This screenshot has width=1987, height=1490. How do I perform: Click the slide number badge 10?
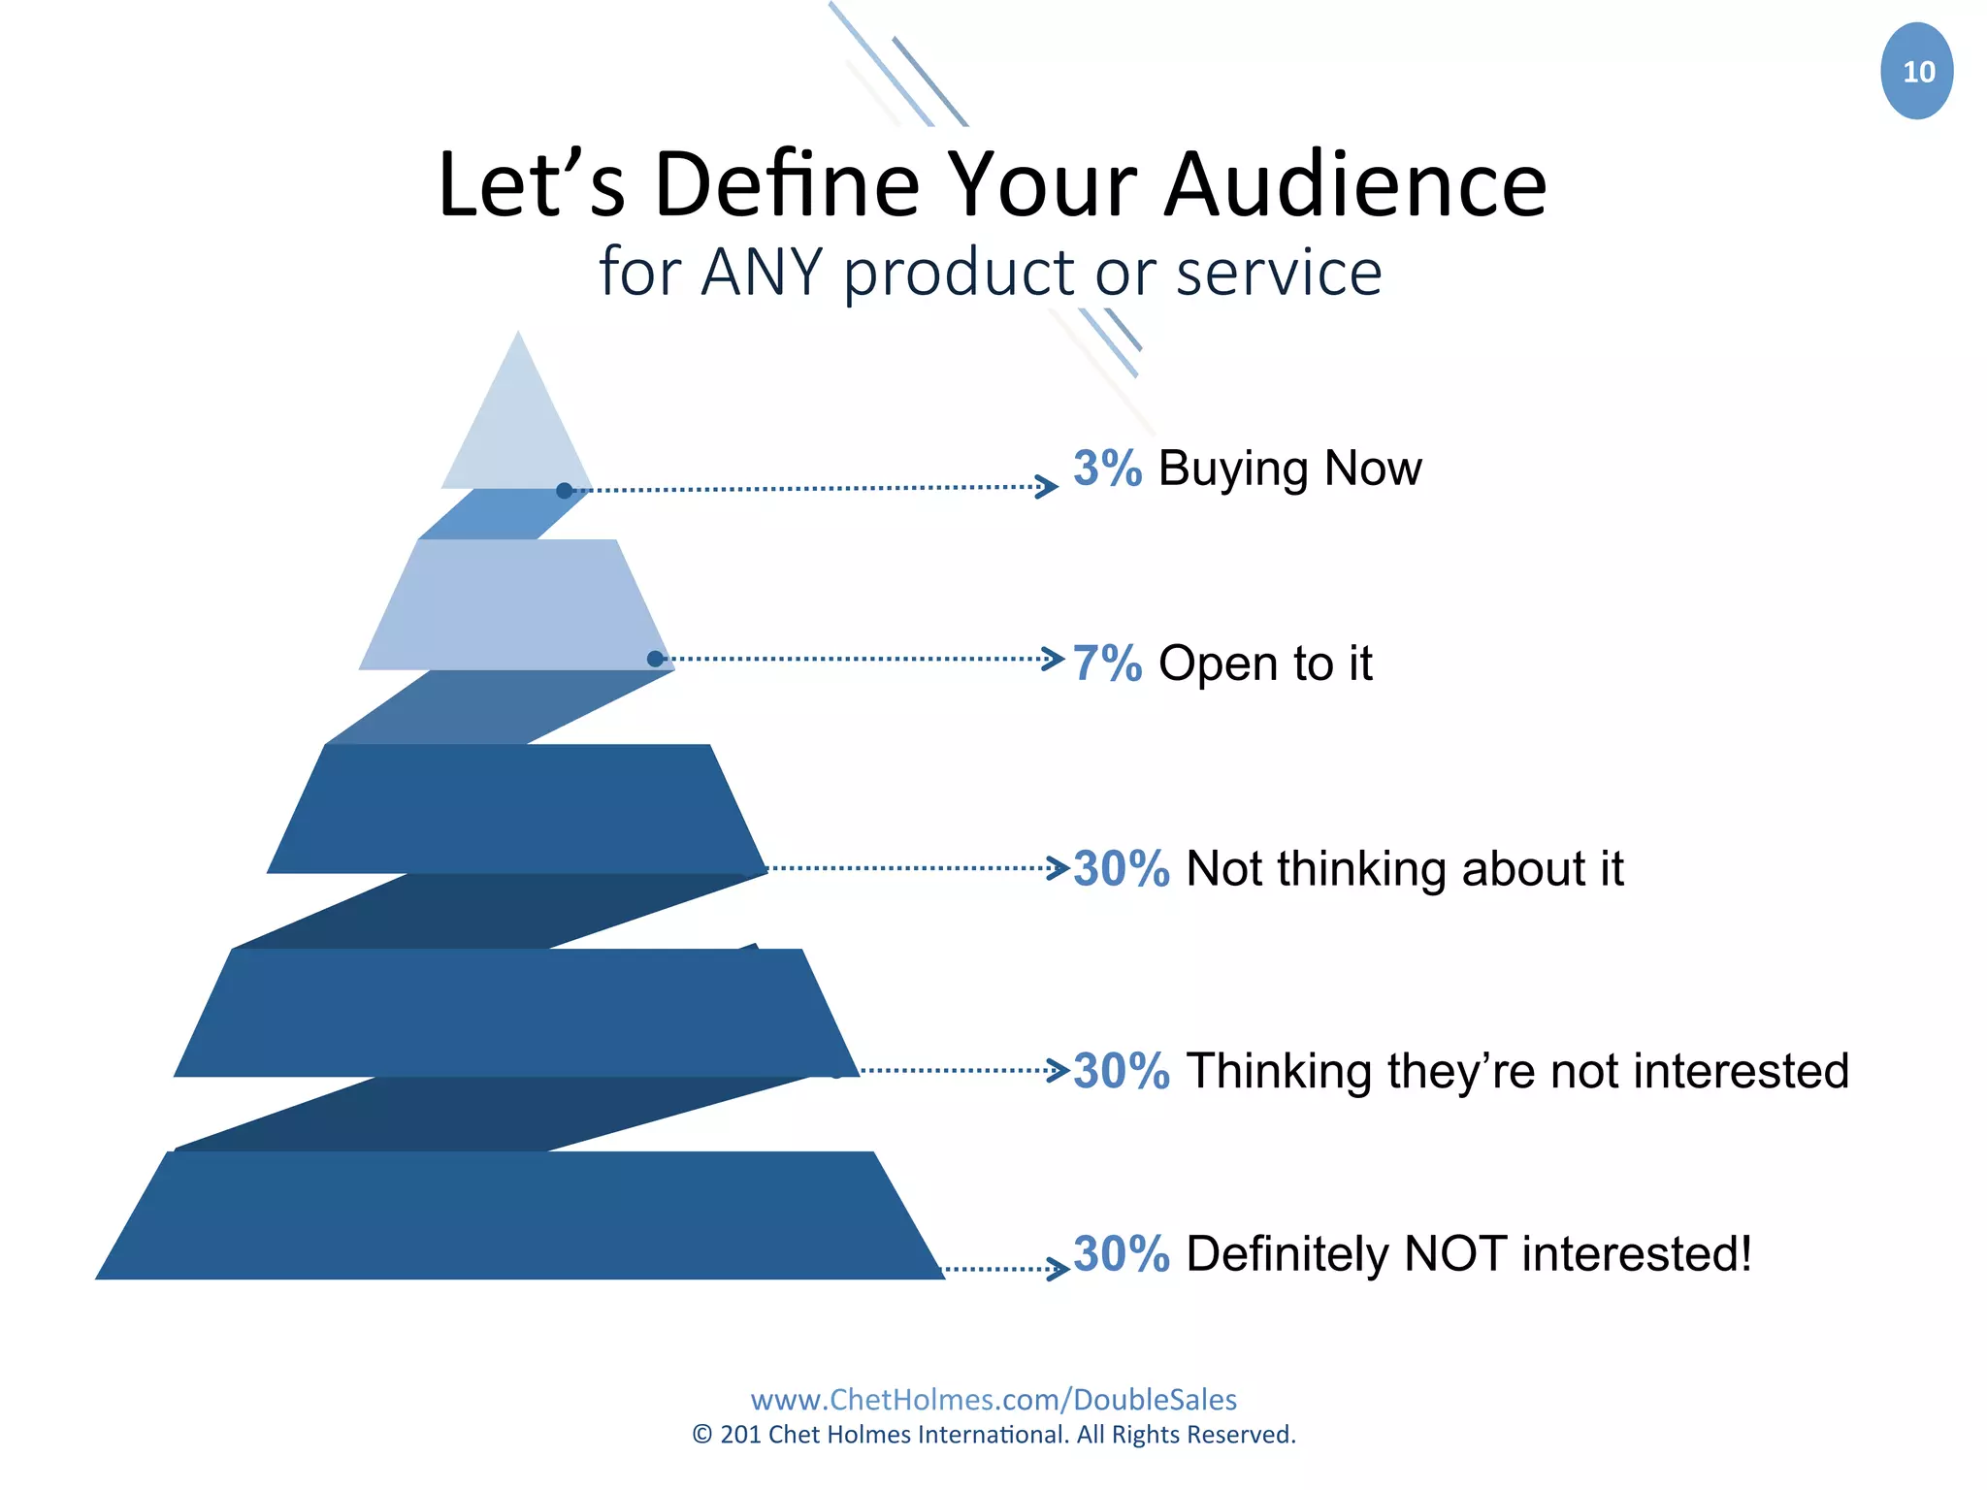[x=1916, y=72]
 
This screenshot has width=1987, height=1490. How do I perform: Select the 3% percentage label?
[x=1107, y=469]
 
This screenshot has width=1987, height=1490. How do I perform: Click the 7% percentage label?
[x=1107, y=664]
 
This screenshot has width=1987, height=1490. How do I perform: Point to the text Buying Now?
[x=1289, y=470]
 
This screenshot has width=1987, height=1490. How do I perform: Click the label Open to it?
[x=1265, y=664]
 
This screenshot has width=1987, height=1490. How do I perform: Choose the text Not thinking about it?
[x=1404, y=869]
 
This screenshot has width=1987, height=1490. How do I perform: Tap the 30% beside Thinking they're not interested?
[x=1122, y=1072]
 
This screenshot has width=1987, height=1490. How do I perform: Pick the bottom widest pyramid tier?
[x=519, y=1216]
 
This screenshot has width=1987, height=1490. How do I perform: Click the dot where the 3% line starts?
[x=565, y=491]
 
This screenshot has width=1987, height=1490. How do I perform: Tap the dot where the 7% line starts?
[x=655, y=660]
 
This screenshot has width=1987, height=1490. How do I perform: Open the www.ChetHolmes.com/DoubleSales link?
[x=993, y=1400]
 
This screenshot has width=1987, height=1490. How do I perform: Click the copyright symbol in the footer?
[x=702, y=1435]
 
